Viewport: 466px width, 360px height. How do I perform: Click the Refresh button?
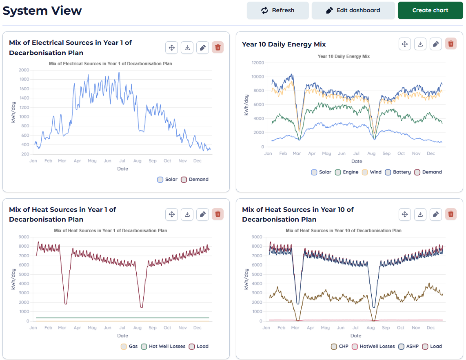pos(277,10)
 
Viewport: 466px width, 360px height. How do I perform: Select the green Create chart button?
pos(430,10)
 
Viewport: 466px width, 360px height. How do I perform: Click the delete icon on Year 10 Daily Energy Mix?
pos(451,44)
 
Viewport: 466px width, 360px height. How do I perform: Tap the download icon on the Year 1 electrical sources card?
pos(187,48)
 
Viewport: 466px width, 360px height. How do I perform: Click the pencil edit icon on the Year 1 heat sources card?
pos(202,214)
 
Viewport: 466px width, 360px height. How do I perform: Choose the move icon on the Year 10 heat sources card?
pos(405,214)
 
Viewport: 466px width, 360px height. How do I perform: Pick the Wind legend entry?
pos(371,172)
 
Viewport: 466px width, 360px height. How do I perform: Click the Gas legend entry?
pos(129,347)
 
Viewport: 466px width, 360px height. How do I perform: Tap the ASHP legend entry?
pos(408,347)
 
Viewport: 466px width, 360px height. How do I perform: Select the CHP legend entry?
pos(340,347)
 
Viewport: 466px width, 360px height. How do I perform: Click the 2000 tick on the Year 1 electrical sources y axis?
pos(24,70)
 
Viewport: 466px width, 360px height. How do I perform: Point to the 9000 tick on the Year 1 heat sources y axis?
pos(24,237)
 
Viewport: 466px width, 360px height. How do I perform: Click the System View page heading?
pos(42,11)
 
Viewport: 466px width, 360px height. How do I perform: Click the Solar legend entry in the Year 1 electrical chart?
pos(167,180)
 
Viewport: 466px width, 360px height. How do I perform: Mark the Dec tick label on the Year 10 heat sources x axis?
pos(430,328)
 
